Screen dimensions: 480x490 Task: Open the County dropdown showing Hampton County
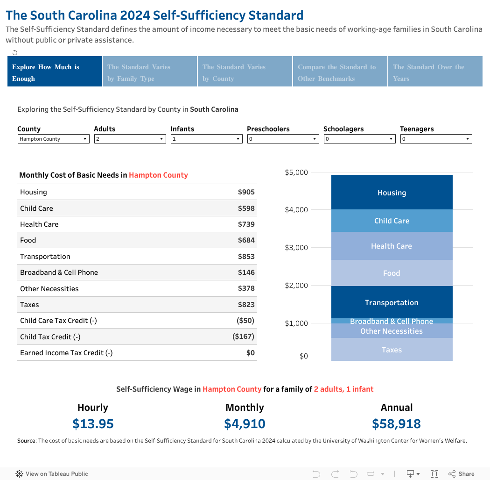(54, 139)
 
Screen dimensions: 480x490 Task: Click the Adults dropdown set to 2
(130, 139)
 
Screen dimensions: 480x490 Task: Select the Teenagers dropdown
(436, 139)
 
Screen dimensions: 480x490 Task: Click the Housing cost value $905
(246, 192)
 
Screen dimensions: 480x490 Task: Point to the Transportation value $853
(246, 257)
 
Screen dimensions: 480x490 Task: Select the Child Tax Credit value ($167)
(244, 337)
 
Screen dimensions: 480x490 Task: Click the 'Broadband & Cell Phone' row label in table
(59, 272)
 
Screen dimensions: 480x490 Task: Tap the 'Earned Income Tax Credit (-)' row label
(66, 353)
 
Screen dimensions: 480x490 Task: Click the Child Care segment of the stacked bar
(392, 221)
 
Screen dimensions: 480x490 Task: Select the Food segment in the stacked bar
(392, 273)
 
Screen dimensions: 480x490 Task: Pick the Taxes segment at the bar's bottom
(392, 350)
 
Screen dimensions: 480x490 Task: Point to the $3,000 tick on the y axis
(296, 248)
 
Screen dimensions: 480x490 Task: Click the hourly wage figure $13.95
(93, 424)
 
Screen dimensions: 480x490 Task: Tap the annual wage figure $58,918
(396, 424)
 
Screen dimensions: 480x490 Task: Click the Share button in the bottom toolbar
(462, 474)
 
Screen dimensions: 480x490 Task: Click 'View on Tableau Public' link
(52, 474)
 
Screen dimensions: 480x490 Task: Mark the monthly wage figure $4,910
(245, 424)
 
